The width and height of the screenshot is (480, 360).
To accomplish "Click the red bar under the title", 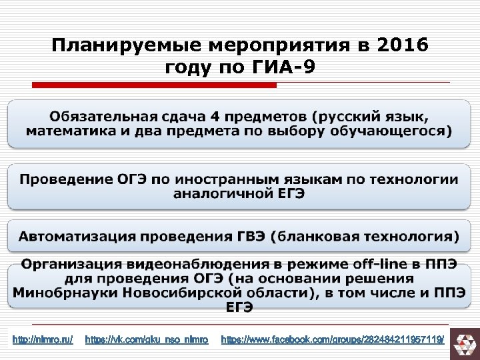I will pyautogui.click(x=155, y=85).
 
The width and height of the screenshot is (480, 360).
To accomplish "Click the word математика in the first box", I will pyautogui.click(x=73, y=131).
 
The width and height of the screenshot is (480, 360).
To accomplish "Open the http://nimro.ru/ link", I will pyautogui.click(x=43, y=340).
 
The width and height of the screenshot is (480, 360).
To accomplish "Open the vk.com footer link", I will pyautogui.click(x=147, y=340).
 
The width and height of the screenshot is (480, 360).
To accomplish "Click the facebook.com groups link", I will pyautogui.click(x=332, y=340).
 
